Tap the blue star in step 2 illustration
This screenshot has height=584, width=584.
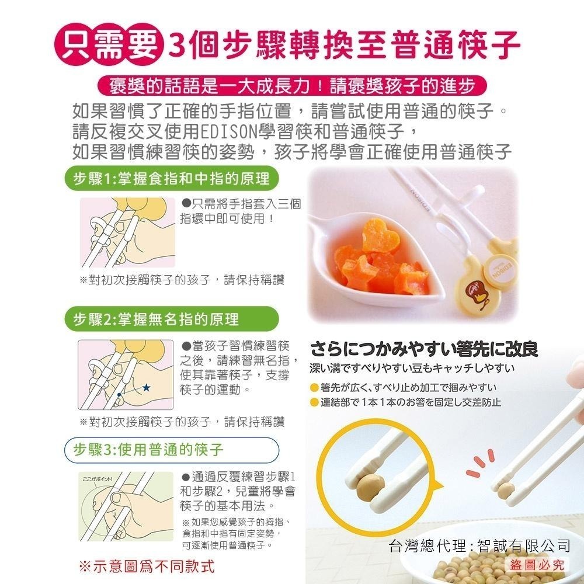[x=146, y=387]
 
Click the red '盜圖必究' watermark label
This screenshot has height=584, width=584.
[x=536, y=565]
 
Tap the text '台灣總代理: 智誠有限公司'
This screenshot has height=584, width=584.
[x=479, y=546]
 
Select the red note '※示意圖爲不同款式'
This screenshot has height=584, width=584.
[x=146, y=566]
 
